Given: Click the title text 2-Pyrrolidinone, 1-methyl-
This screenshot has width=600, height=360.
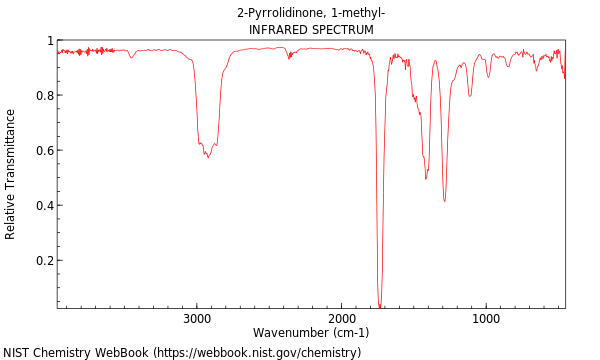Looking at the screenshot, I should (311, 13).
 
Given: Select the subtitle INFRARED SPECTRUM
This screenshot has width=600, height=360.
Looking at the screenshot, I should (311, 30).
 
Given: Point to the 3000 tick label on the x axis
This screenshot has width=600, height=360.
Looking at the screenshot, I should (196, 318).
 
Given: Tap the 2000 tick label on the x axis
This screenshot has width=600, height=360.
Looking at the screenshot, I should (341, 318).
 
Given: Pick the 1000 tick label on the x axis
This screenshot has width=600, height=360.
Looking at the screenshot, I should (486, 318).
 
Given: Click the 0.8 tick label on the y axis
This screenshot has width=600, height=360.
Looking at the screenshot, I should (44, 96).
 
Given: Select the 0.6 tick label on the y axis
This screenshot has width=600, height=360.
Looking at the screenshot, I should (44, 151).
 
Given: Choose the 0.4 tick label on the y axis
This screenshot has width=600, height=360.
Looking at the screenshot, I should (44, 206).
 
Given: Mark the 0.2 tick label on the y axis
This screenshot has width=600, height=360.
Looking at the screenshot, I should (44, 261).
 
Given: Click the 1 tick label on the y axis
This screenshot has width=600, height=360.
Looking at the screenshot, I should (49, 41).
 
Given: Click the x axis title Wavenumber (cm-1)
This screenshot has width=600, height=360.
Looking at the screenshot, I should (311, 332).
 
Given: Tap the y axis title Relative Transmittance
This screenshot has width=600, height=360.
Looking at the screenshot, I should (11, 174).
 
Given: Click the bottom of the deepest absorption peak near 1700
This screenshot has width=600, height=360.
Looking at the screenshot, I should (380, 305).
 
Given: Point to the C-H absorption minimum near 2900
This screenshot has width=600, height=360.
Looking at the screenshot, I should (208, 157).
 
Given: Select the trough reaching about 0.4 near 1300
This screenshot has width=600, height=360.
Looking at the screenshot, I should (444, 201).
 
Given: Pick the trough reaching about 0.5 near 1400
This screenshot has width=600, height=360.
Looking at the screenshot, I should (426, 178).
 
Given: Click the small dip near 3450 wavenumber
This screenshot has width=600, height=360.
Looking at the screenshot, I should (131, 57).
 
